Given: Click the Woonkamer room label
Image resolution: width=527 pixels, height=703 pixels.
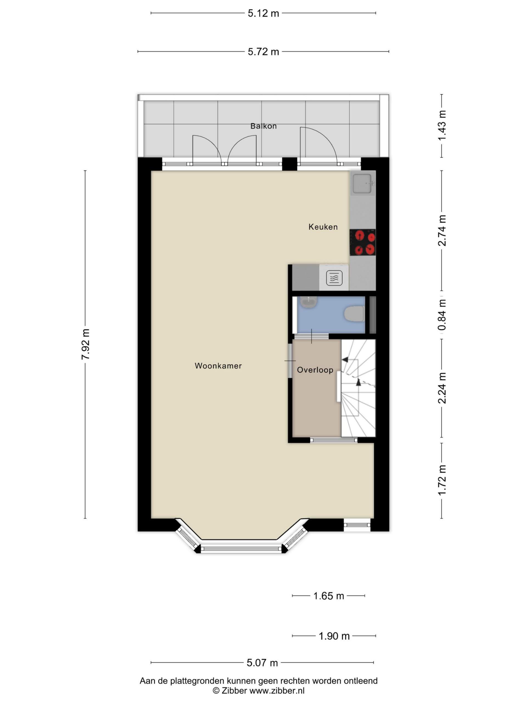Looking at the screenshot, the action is point(218,366).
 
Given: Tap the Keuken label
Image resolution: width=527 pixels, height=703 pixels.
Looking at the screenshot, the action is point(323,227).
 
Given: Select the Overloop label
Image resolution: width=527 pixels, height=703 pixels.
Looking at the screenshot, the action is point(315,370).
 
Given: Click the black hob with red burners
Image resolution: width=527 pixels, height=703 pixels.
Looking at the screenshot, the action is point(363,242).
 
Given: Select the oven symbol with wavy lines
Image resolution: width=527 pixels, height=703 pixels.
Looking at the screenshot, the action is point(334,278).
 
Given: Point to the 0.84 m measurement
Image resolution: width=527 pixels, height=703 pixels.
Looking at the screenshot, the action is point(442,315).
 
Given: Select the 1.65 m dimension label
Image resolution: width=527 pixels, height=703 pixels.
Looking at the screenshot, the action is point(329,596).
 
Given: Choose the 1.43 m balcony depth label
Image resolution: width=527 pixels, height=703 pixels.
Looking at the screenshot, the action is point(442,125).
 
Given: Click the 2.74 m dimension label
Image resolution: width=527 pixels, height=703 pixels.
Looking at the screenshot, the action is point(442,230).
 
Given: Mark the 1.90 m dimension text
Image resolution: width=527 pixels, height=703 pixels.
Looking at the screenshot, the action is point(334,636).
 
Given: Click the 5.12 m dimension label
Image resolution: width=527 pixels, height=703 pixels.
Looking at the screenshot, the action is point(263,13).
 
